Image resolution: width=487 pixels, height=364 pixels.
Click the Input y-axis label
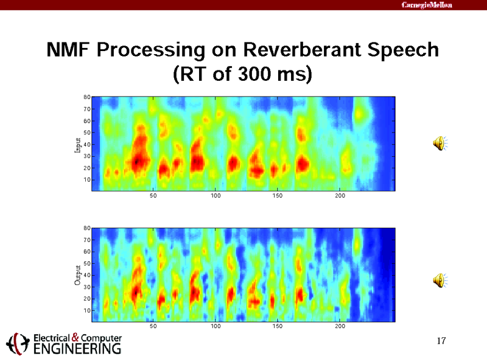pos(77,144)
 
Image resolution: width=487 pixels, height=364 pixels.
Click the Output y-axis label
pos(77,275)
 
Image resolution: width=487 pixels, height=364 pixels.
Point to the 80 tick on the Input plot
pos(87,97)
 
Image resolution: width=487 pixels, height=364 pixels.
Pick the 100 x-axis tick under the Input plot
pos(215,196)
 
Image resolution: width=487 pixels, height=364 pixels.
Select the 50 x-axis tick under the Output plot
pos(153,326)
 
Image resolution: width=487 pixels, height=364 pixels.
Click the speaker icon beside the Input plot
pos(438,143)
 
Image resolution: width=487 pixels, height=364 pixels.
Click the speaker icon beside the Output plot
pos(438,280)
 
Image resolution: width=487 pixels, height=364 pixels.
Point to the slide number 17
pos(442,341)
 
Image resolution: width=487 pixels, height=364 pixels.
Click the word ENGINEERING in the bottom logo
pos(71,349)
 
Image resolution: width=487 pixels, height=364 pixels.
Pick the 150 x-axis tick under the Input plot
pos(278,196)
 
